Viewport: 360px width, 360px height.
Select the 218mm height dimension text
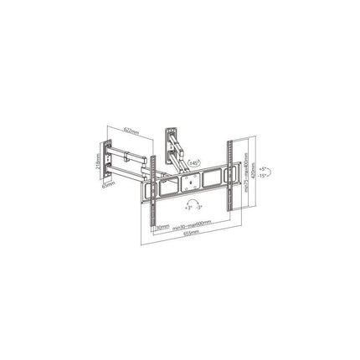(98, 160)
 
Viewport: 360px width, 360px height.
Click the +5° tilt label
(262, 169)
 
